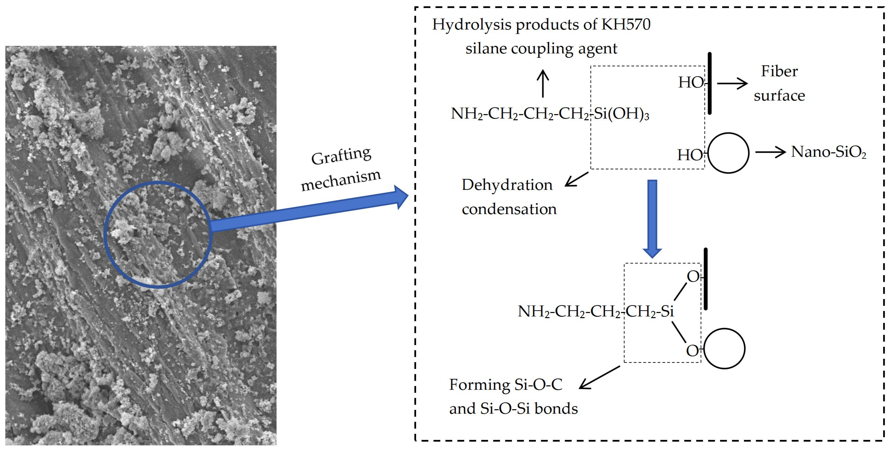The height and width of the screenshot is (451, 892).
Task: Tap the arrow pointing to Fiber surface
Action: click(732, 83)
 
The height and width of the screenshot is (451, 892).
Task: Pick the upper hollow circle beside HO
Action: click(728, 153)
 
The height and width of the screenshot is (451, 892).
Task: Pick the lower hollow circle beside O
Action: click(724, 349)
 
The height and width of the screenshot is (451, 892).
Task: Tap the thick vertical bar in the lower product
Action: click(706, 279)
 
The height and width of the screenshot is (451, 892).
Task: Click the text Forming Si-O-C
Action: click(506, 385)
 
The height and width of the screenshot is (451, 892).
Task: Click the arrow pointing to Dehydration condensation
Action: click(577, 179)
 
